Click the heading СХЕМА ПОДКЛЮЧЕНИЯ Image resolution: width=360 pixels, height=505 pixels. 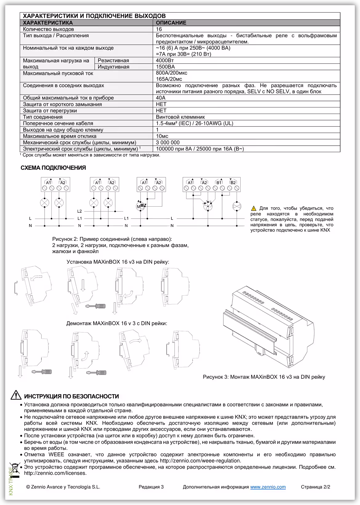pos(53,168)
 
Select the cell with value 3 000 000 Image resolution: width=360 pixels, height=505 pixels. pos(168,143)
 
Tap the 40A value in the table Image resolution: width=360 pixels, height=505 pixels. pos(161,98)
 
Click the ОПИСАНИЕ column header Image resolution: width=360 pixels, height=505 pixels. pos(171,23)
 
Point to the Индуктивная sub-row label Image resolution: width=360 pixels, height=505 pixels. pos(114,67)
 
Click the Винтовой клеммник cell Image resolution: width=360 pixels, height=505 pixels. pos(180,117)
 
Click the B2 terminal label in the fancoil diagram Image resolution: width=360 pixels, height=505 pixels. pos(233,183)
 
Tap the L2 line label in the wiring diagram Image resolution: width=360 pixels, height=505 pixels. pos(80,211)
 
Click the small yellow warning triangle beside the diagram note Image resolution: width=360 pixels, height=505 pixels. pos(254,208)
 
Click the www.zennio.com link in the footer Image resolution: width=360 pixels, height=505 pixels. pos(268,487)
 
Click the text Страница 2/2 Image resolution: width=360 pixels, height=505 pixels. pos(315,487)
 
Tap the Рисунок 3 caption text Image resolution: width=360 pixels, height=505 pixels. pos(264,377)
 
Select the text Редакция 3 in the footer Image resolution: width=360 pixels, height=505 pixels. pos(151,487)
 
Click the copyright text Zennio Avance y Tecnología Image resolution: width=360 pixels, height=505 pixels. pos(63,487)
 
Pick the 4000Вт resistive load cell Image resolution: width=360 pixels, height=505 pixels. pos(165,61)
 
